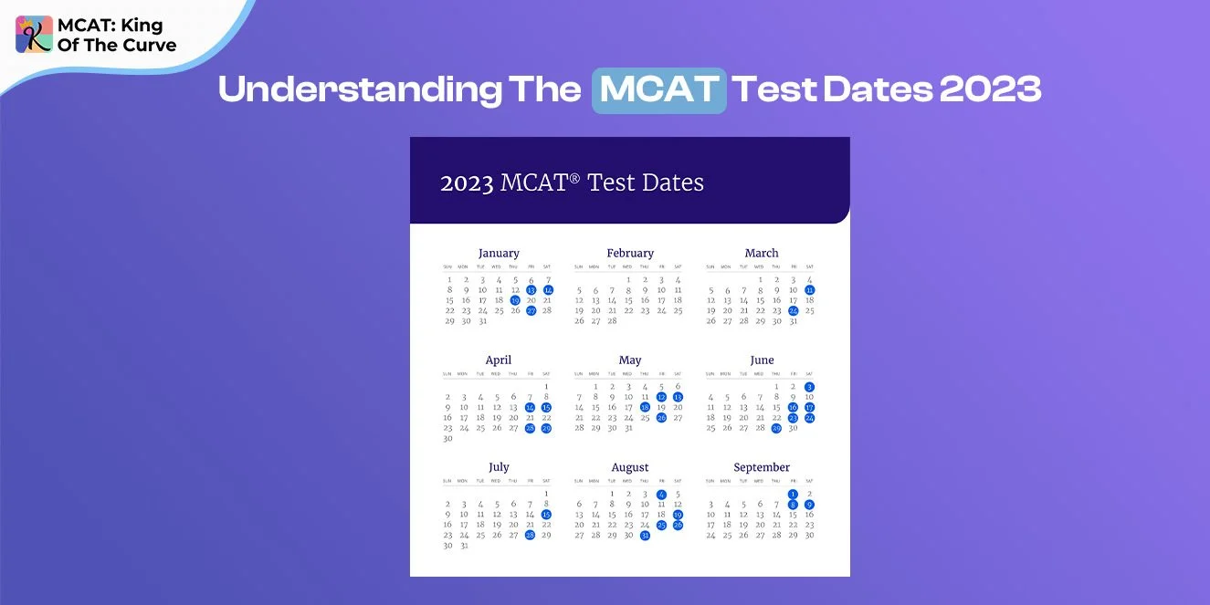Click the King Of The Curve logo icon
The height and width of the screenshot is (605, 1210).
(x=34, y=35)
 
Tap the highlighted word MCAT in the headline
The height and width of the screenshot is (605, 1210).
(x=658, y=89)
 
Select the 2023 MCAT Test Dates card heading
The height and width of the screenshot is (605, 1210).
(x=572, y=183)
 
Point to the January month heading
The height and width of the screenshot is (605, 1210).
(x=499, y=253)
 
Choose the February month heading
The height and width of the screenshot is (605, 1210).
(x=630, y=253)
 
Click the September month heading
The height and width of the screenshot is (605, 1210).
(x=762, y=467)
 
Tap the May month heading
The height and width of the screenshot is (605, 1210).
(x=630, y=360)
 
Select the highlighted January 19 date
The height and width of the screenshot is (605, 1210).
(x=515, y=300)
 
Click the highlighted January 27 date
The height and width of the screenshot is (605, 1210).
(x=531, y=310)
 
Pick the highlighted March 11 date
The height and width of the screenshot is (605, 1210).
(x=810, y=290)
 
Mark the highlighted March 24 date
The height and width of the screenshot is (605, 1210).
(x=794, y=310)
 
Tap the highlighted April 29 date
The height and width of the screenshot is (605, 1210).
(x=547, y=428)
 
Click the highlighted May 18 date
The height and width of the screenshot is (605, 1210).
(x=645, y=407)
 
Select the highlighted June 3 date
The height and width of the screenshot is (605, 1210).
(x=810, y=387)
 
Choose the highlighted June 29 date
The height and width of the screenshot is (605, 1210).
(x=776, y=428)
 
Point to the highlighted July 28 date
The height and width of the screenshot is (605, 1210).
(x=531, y=535)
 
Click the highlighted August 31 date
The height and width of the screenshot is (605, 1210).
(x=645, y=536)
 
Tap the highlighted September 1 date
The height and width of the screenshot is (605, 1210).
(x=793, y=494)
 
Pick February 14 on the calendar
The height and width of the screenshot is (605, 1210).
(x=612, y=300)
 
